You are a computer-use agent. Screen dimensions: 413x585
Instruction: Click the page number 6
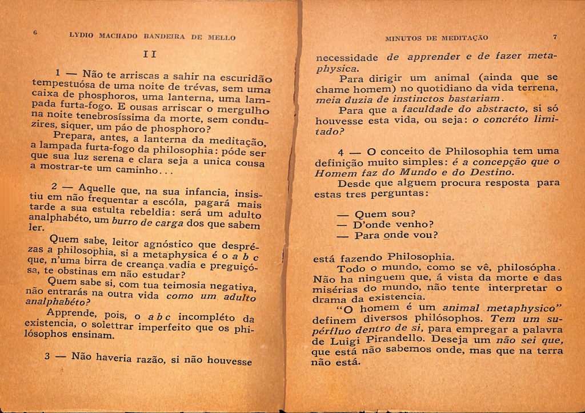[35, 33]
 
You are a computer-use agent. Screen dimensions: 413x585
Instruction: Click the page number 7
[554, 37]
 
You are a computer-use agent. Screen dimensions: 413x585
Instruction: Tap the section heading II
[149, 54]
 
